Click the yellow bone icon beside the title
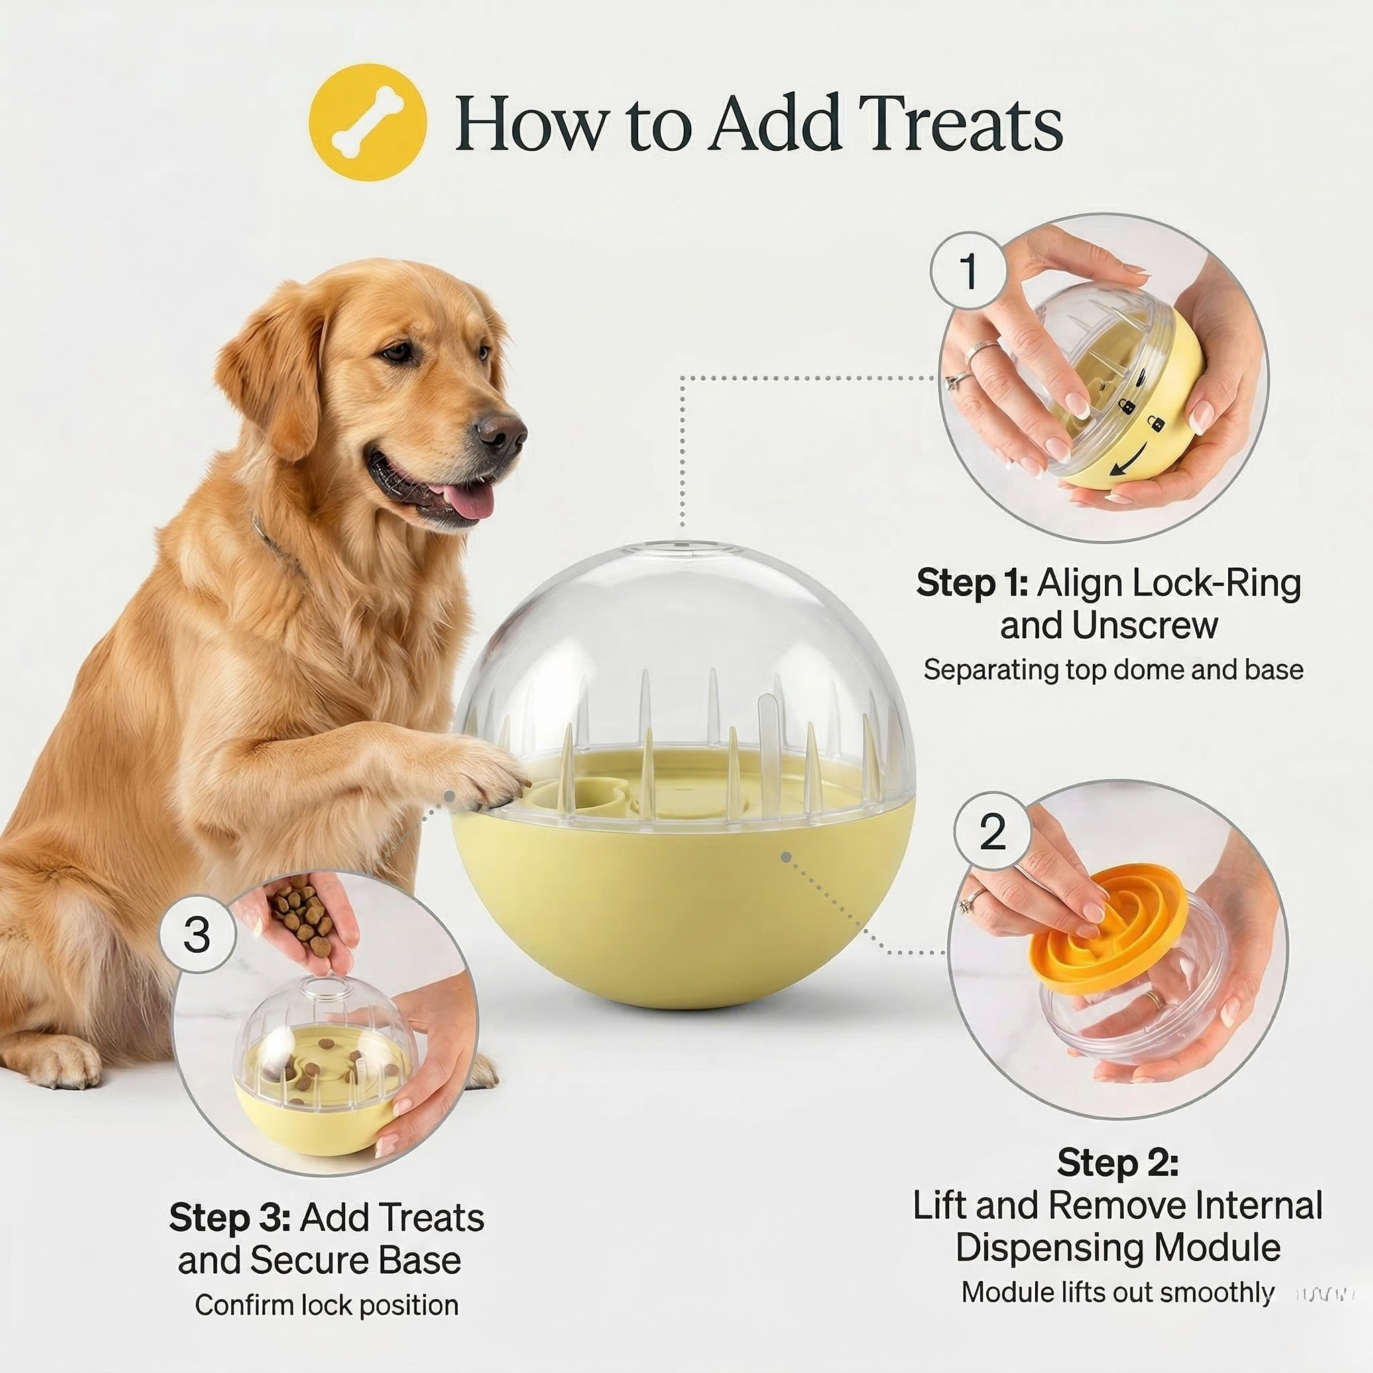(368, 122)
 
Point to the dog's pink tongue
(471, 499)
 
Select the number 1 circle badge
(969, 271)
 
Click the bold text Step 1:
(971, 584)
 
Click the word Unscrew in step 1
(1145, 626)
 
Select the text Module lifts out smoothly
(1117, 1293)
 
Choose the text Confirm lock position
(326, 1305)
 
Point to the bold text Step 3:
(229, 1218)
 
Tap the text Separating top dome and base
(1113, 670)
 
